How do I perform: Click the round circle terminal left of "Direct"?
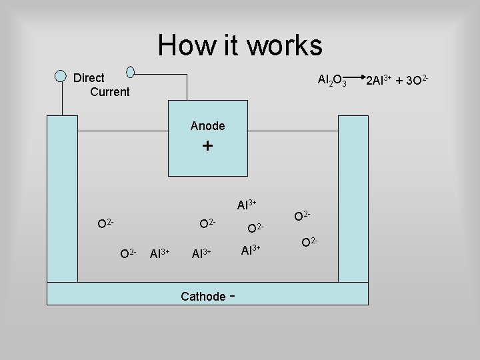[61, 75]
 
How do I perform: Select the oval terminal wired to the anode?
[131, 71]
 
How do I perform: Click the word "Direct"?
[89, 78]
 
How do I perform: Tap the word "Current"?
[109, 92]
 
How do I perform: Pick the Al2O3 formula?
[332, 81]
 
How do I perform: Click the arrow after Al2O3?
[356, 79]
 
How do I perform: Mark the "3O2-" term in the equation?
[417, 81]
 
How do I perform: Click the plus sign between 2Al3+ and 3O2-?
[400, 81]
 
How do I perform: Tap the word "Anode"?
[207, 125]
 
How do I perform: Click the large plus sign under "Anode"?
[207, 146]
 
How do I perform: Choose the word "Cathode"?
[203, 297]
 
